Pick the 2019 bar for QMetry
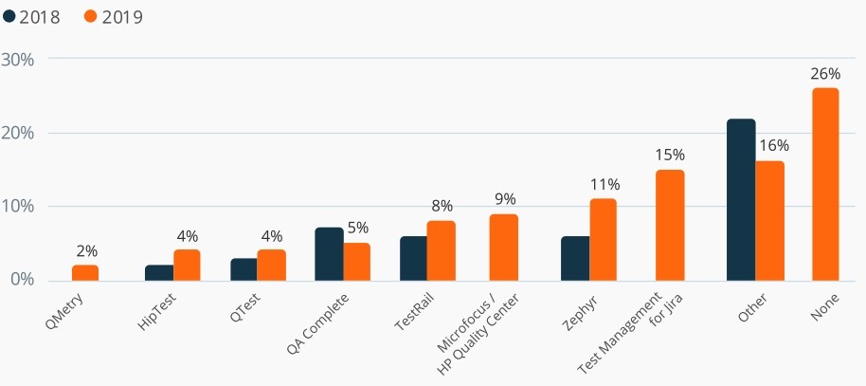[x=85, y=272]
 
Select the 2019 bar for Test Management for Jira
[x=670, y=225]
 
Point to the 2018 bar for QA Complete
[x=329, y=254]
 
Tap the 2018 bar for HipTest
[x=159, y=272]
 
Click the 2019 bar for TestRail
[x=442, y=250]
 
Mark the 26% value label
[x=824, y=73]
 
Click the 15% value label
[x=670, y=155]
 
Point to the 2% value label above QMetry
[x=86, y=251]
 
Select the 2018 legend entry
[x=32, y=16]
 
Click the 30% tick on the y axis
[x=18, y=59]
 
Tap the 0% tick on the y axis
[x=21, y=280]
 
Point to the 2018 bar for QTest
[x=244, y=269]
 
